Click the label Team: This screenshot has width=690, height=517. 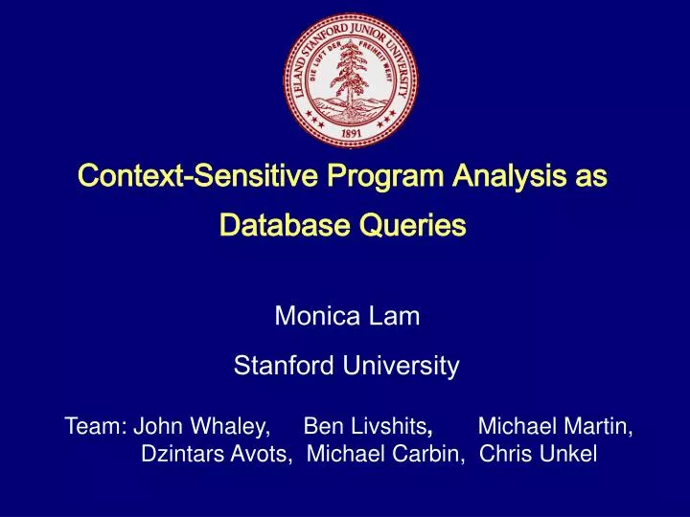(x=96, y=425)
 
